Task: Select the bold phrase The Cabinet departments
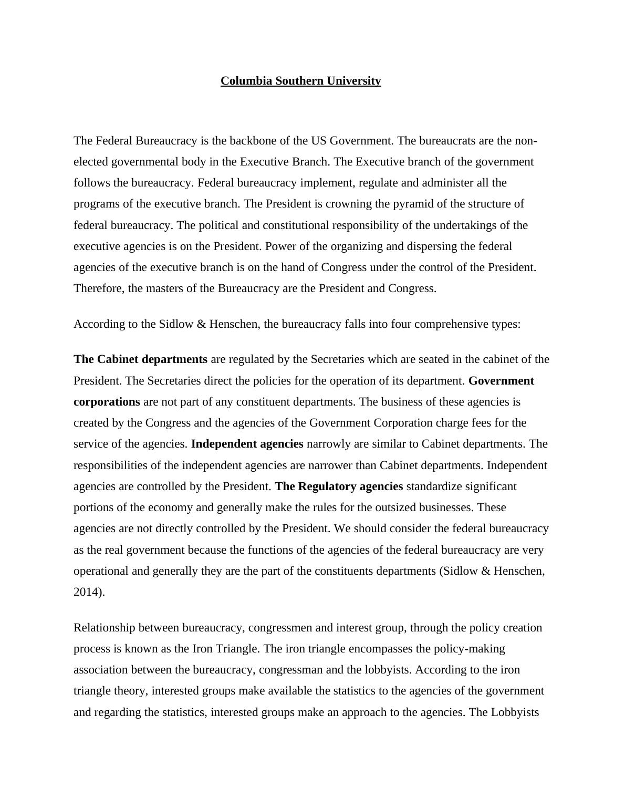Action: click(140, 359)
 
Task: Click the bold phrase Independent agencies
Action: click(247, 444)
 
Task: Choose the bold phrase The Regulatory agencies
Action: click(339, 486)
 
